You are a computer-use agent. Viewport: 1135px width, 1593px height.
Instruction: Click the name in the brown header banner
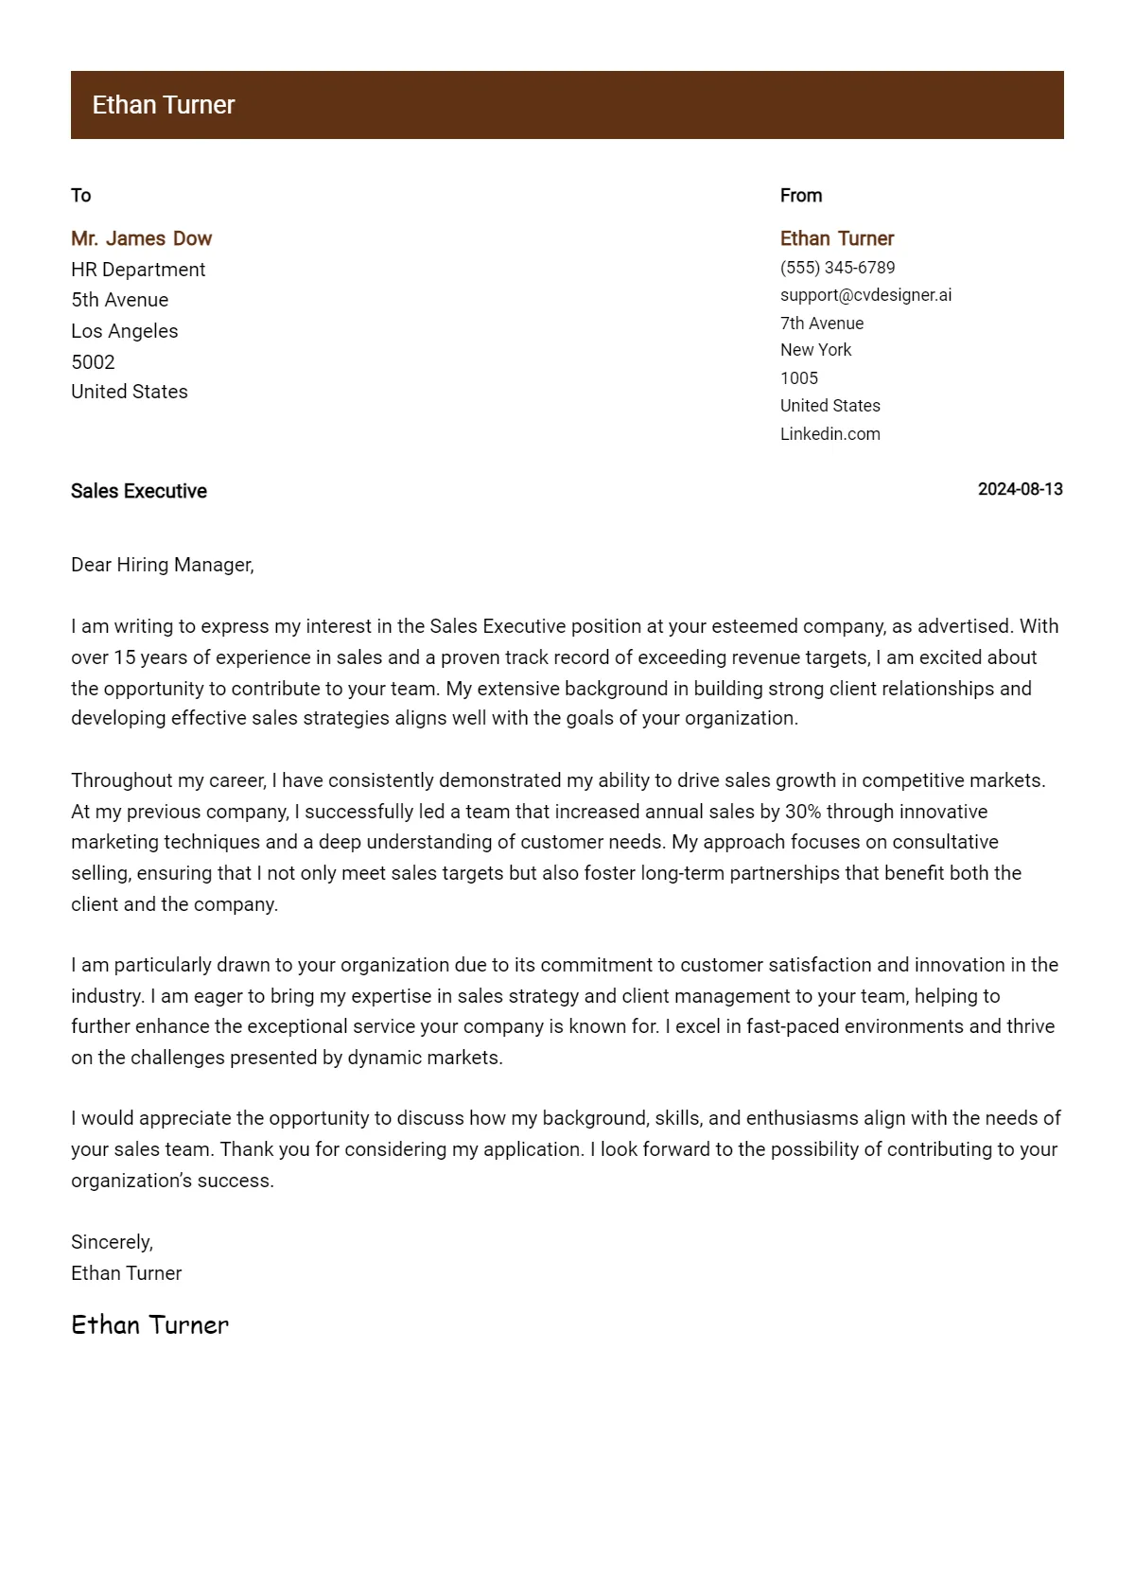pyautogui.click(x=163, y=105)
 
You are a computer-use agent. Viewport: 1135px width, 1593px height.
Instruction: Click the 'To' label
pyautogui.click(x=80, y=196)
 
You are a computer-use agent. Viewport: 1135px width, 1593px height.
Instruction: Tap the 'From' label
pyautogui.click(x=800, y=196)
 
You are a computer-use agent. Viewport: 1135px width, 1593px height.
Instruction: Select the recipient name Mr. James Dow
pyautogui.click(x=141, y=238)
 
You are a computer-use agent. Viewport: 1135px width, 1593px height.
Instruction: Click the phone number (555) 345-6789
pyautogui.click(x=837, y=268)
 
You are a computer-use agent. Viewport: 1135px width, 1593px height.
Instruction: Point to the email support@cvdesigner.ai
pyautogui.click(x=865, y=295)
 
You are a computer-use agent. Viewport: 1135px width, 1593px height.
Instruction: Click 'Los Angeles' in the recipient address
pyautogui.click(x=124, y=331)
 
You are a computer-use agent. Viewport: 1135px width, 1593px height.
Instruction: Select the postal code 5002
pyautogui.click(x=93, y=362)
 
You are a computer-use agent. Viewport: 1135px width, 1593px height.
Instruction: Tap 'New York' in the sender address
pyautogui.click(x=815, y=350)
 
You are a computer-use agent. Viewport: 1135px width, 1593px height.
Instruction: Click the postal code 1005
pyautogui.click(x=798, y=378)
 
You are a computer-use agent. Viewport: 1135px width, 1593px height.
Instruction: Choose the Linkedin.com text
pyautogui.click(x=829, y=434)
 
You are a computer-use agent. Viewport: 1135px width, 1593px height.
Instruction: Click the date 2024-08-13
pyautogui.click(x=1020, y=489)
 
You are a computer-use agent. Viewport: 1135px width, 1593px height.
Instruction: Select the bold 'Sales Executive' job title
pyautogui.click(x=138, y=491)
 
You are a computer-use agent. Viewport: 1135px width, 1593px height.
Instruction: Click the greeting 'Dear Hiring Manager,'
pyautogui.click(x=162, y=565)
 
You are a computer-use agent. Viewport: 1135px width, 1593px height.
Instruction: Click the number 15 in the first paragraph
pyautogui.click(x=124, y=657)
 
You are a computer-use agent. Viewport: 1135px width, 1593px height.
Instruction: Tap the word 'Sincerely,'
pyautogui.click(x=112, y=1242)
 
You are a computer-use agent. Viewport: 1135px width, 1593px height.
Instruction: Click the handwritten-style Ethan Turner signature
pyautogui.click(x=149, y=1324)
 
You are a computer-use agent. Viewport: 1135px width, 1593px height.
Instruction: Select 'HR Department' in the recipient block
pyautogui.click(x=137, y=270)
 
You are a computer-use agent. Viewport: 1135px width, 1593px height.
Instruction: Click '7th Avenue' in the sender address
pyautogui.click(x=821, y=324)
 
